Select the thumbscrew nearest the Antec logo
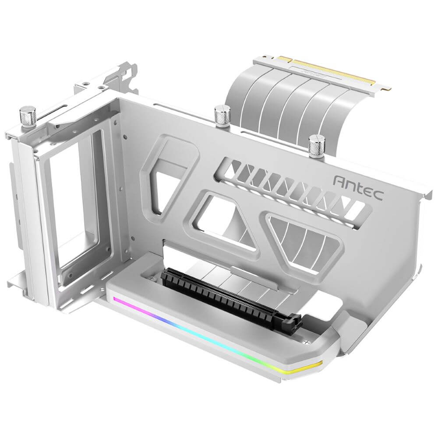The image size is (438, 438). point(315,147)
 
